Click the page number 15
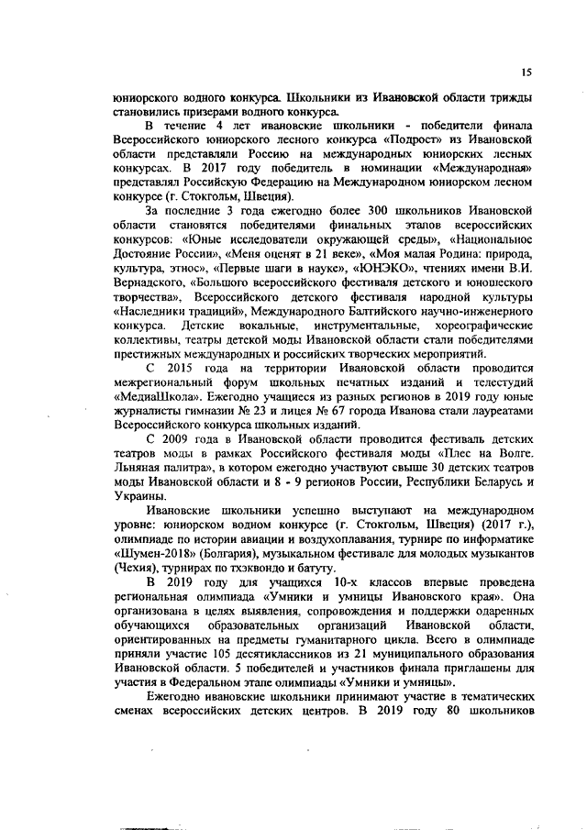click(x=526, y=72)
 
